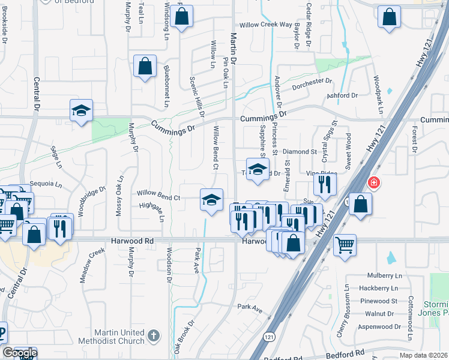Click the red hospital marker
point(373,182)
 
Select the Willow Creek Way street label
point(265,25)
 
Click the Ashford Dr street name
point(342,95)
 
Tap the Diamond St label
point(299,152)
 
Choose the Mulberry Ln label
point(384,275)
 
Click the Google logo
point(19,353)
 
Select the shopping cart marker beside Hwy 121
point(345,244)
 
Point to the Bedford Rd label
point(348,353)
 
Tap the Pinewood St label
point(377,301)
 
